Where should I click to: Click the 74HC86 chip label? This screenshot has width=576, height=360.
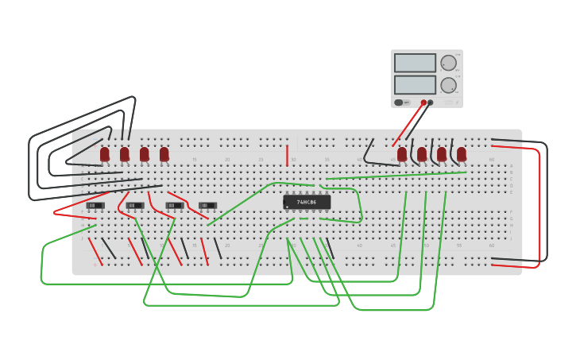(307, 203)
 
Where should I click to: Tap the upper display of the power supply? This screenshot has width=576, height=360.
(415, 63)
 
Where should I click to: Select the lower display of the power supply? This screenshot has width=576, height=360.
(415, 84)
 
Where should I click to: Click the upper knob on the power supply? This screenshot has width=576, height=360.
(449, 63)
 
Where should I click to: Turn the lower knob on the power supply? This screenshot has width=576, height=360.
(449, 85)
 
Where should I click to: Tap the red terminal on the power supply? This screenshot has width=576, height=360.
(423, 103)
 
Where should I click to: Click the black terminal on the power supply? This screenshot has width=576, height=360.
(431, 103)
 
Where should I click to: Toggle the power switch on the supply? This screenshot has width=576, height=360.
(399, 103)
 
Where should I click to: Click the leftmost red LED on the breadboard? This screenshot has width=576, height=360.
(105, 153)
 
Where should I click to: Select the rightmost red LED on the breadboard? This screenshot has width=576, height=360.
(462, 153)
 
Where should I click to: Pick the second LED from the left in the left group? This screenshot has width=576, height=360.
(125, 153)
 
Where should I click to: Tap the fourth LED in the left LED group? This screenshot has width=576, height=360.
(164, 153)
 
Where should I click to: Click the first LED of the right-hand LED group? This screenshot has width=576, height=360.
(402, 153)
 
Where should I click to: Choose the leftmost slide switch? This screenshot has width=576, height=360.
(95, 206)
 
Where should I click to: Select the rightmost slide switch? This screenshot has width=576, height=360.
(207, 206)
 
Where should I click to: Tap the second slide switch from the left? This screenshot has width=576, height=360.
(135, 206)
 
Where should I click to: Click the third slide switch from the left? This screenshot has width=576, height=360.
(175, 206)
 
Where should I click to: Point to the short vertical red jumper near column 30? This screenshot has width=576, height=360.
(287, 156)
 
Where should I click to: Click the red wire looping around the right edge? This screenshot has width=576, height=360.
(539, 207)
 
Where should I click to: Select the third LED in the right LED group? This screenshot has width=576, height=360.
(442, 153)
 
